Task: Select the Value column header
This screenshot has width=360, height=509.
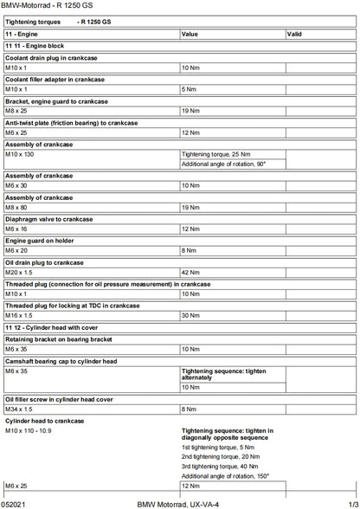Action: (x=190, y=34)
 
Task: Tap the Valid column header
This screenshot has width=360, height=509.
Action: (x=294, y=34)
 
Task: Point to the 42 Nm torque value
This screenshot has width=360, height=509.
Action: (x=190, y=272)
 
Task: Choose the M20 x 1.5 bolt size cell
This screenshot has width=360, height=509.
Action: (x=18, y=272)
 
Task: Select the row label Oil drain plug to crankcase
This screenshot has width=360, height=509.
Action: (x=44, y=262)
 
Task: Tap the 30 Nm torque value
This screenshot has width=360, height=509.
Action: (x=190, y=315)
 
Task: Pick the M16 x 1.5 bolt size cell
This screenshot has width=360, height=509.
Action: (x=18, y=315)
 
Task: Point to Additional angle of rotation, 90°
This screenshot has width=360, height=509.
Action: (x=223, y=164)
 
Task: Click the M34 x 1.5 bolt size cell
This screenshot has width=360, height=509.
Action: (x=18, y=409)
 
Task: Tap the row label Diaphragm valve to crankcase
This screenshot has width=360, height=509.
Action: (x=48, y=219)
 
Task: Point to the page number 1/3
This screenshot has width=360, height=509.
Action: (x=350, y=503)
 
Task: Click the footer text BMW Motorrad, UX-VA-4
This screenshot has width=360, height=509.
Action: (x=178, y=503)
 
